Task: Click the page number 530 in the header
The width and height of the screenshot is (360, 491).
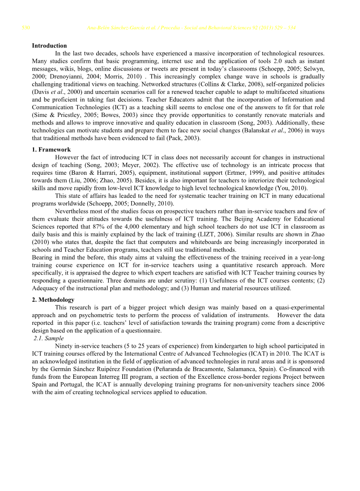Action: [26, 28]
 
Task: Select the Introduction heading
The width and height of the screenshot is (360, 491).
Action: [49, 45]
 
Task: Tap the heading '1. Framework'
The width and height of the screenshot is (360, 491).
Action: [51, 150]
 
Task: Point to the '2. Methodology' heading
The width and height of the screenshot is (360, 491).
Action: [53, 300]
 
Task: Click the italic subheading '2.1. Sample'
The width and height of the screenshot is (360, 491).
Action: [49, 338]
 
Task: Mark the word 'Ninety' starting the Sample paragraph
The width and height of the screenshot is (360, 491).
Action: [64, 346]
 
